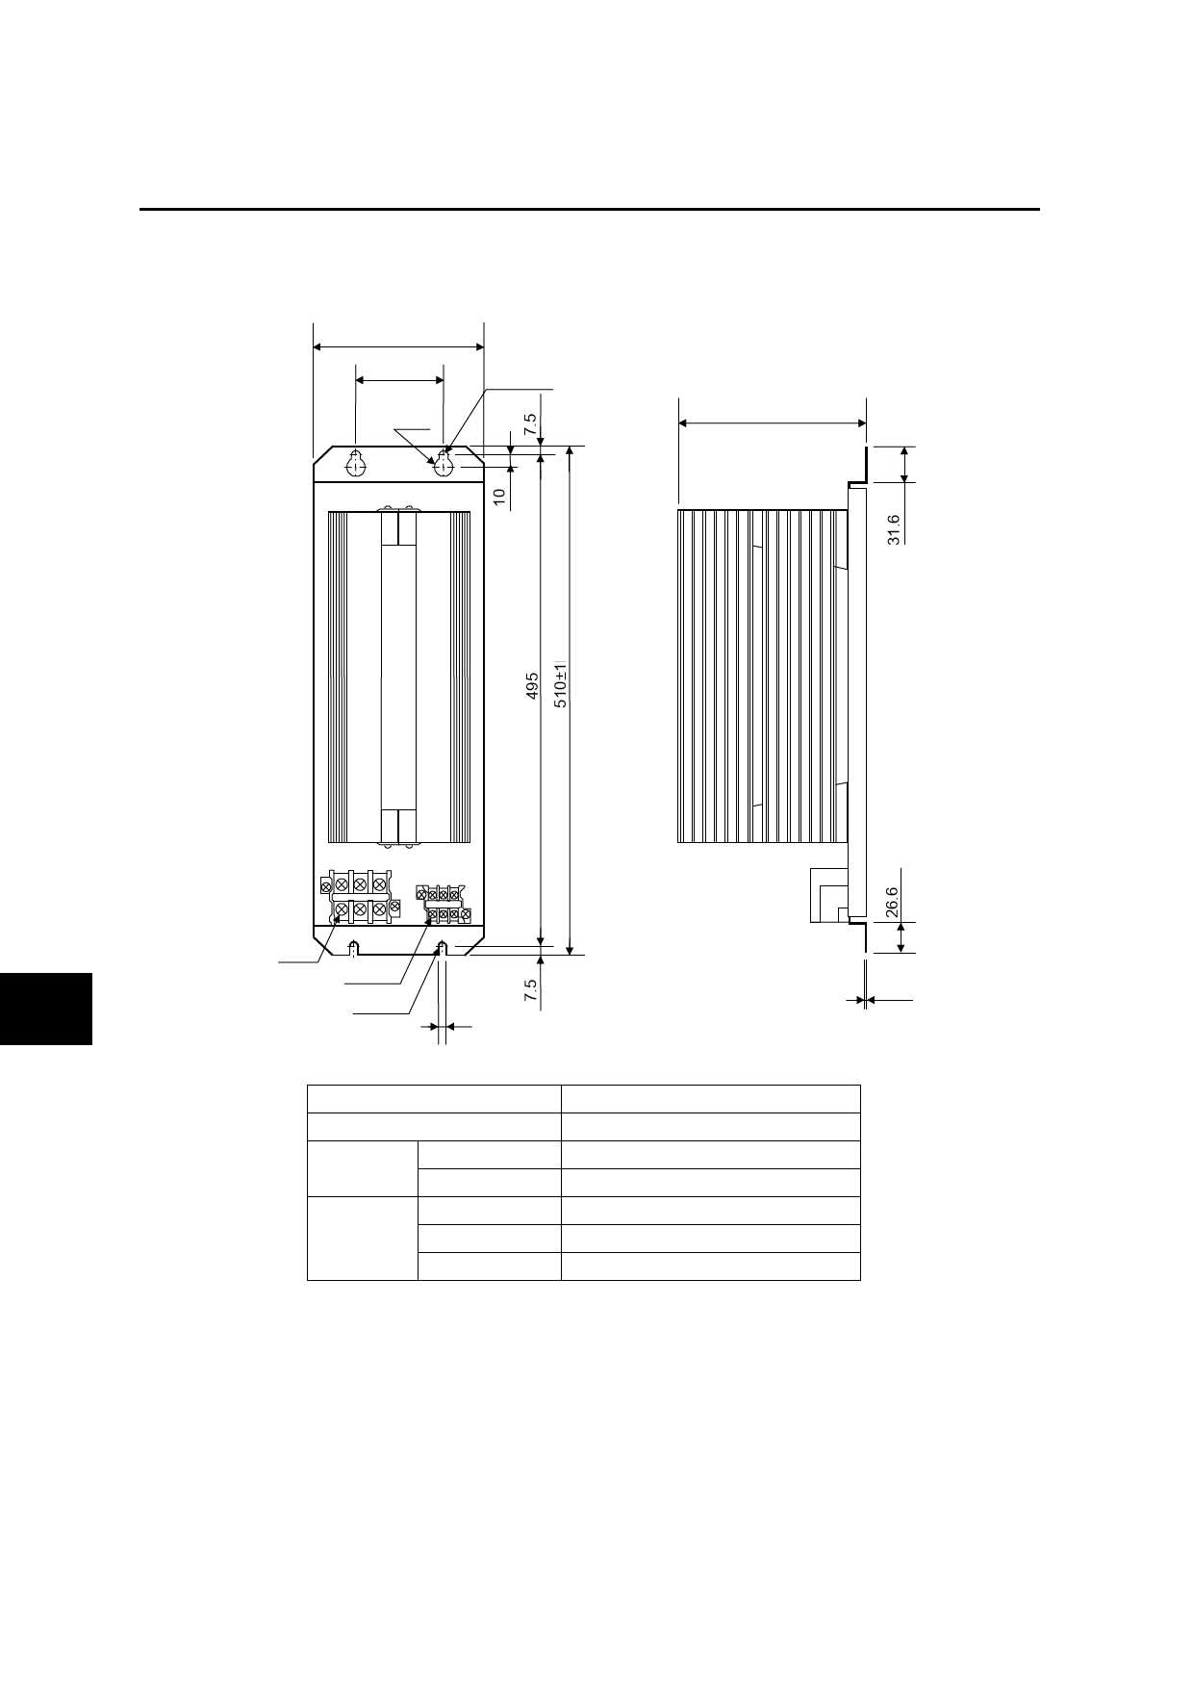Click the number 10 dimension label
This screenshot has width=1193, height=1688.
[498, 497]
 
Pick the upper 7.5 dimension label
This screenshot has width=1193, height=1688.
[530, 424]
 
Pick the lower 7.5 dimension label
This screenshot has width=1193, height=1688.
[530, 991]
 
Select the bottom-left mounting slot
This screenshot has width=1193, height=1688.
[354, 948]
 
